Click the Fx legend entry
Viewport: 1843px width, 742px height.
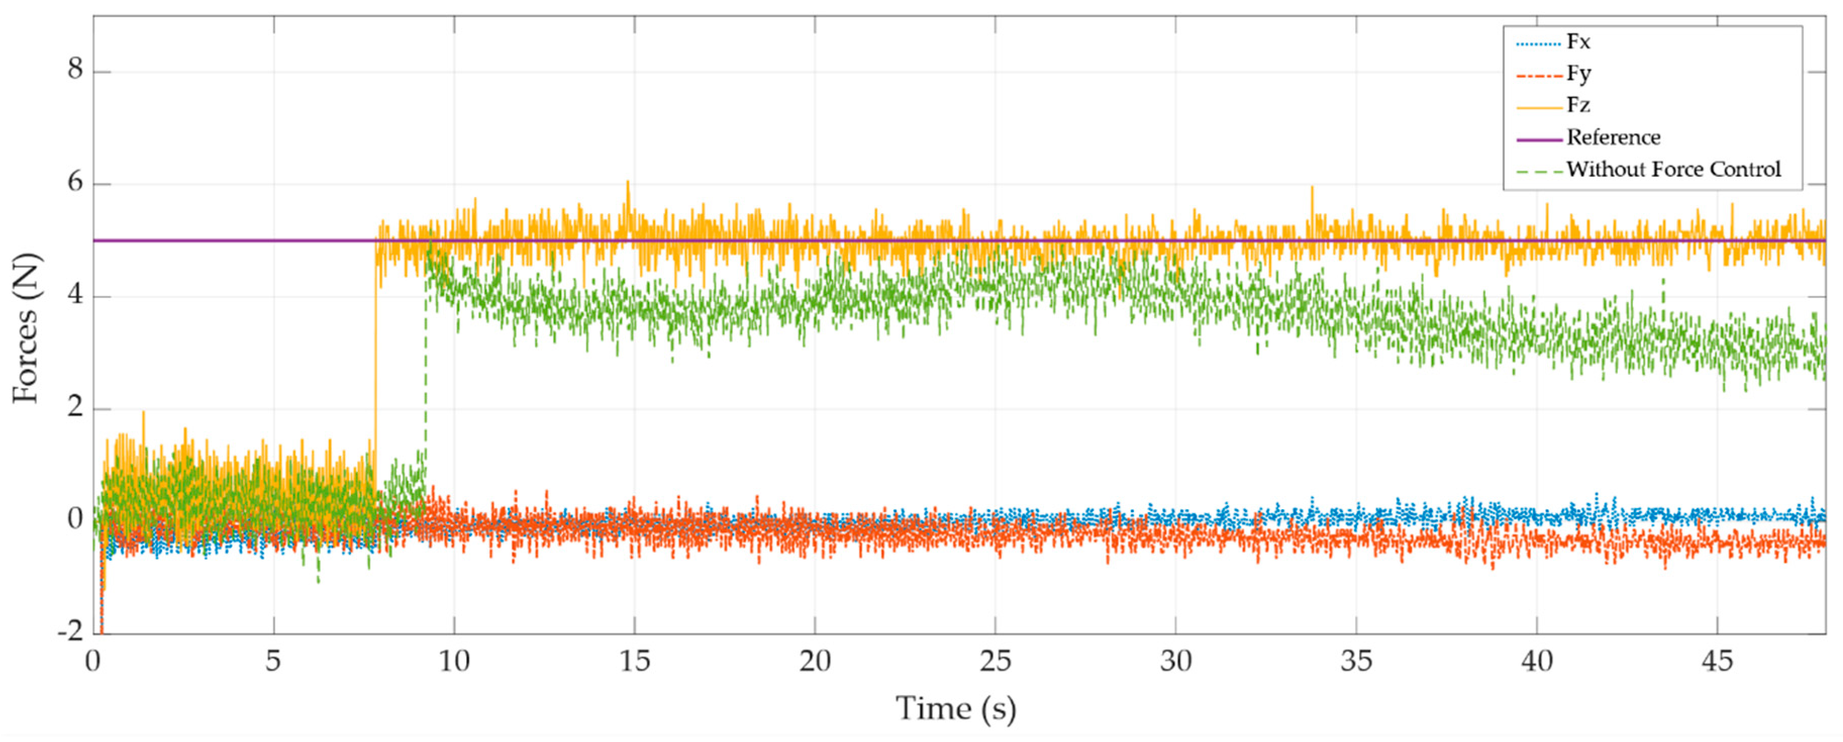(1577, 42)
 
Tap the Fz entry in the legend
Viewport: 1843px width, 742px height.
(1577, 105)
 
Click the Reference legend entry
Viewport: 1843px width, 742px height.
(1613, 137)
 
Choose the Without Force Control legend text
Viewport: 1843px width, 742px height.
(1673, 170)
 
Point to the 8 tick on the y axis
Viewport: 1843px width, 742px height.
(75, 69)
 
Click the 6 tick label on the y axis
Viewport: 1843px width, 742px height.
(75, 182)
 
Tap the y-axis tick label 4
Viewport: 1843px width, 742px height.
(75, 295)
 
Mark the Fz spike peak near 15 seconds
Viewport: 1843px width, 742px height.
(627, 182)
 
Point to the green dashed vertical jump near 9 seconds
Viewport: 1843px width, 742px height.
(426, 372)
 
